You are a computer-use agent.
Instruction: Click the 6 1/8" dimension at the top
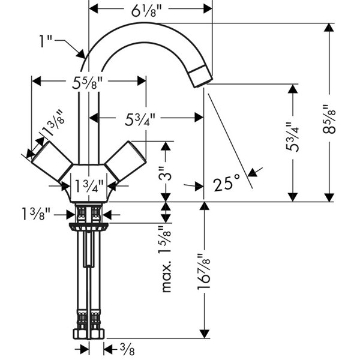point(147,11)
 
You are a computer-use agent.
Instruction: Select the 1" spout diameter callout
point(46,41)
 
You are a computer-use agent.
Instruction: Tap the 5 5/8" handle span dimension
point(87,83)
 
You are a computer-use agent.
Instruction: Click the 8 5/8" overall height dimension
point(329,119)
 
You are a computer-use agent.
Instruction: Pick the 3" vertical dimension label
point(165,174)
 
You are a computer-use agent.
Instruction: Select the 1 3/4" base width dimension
point(89,186)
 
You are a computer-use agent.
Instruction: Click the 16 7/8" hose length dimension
point(203,271)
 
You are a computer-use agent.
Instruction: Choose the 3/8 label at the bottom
point(127,350)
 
